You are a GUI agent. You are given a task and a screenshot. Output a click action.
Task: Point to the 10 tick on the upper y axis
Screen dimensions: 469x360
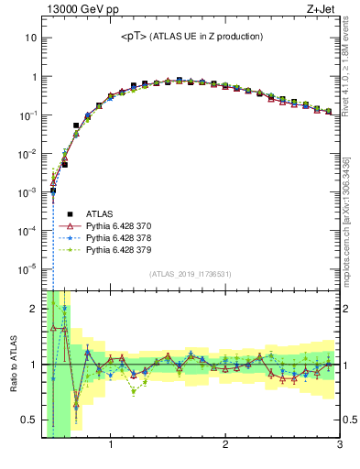(x=31, y=38)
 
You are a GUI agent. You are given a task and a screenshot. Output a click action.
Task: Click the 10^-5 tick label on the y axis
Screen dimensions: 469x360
(x=27, y=268)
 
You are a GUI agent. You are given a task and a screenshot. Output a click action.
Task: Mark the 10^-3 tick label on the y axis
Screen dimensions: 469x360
(x=27, y=192)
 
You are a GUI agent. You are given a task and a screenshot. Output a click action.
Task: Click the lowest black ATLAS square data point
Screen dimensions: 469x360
(x=53, y=191)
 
